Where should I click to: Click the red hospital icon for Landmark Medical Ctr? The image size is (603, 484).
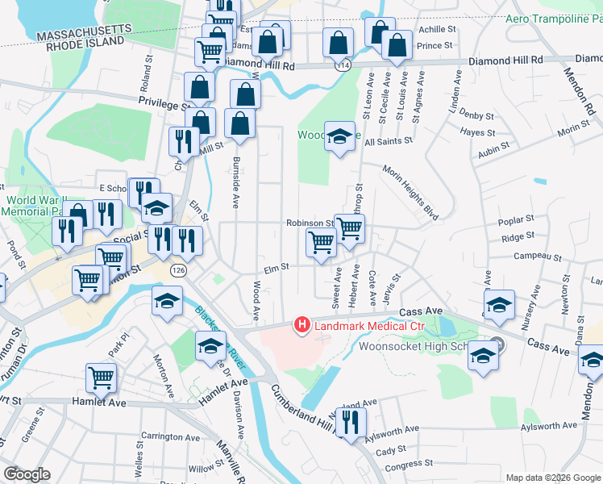pos(302,326)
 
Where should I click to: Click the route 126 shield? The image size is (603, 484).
pos(177,273)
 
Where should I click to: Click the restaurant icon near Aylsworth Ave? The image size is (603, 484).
pos(351,421)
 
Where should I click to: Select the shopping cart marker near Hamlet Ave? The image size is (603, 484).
pos(102,377)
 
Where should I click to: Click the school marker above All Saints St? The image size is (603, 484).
pos(340,136)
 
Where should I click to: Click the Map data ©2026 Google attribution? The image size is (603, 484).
pos(552,478)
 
